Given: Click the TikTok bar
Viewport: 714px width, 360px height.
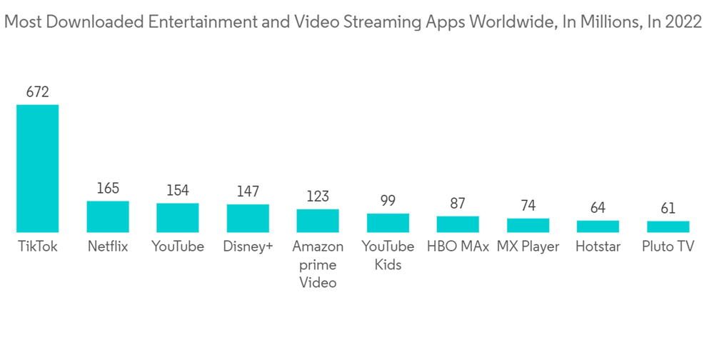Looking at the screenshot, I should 38,169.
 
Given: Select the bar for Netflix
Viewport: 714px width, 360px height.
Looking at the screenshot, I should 108,216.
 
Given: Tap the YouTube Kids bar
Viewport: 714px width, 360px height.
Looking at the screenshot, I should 388,223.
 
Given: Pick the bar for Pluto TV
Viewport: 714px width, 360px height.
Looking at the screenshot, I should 668,226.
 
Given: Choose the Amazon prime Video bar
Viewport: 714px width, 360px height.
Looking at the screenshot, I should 318,221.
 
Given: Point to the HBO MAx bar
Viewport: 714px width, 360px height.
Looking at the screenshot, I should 458,224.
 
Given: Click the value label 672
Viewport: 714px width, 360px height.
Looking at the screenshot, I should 38,91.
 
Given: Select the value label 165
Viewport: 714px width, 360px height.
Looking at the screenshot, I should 108,189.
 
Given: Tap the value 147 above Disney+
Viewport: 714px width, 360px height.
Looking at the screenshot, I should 248,191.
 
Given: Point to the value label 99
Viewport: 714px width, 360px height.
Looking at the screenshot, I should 388,201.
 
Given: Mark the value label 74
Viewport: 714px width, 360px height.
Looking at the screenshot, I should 528,205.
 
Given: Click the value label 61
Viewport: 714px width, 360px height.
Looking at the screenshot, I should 668,208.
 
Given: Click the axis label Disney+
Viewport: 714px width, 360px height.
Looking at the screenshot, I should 248,247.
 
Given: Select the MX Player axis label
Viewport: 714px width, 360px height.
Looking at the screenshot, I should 528,247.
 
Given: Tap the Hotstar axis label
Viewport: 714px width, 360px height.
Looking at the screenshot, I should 598,247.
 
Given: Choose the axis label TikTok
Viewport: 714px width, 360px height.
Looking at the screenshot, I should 38,247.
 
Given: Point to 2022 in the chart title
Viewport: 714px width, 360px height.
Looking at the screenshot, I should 684,22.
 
